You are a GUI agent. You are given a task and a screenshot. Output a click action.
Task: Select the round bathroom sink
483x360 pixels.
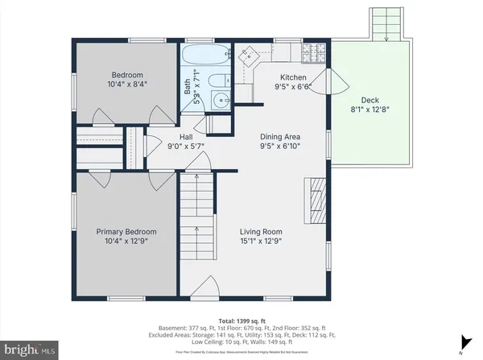(222, 101)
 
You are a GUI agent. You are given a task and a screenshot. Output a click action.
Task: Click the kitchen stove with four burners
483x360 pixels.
(312, 54)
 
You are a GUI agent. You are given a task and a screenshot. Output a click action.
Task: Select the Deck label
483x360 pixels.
(369, 101)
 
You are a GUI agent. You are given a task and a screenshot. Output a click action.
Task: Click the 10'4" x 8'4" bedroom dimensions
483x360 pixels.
(126, 82)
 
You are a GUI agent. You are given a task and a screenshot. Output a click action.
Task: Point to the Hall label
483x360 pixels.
(186, 137)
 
